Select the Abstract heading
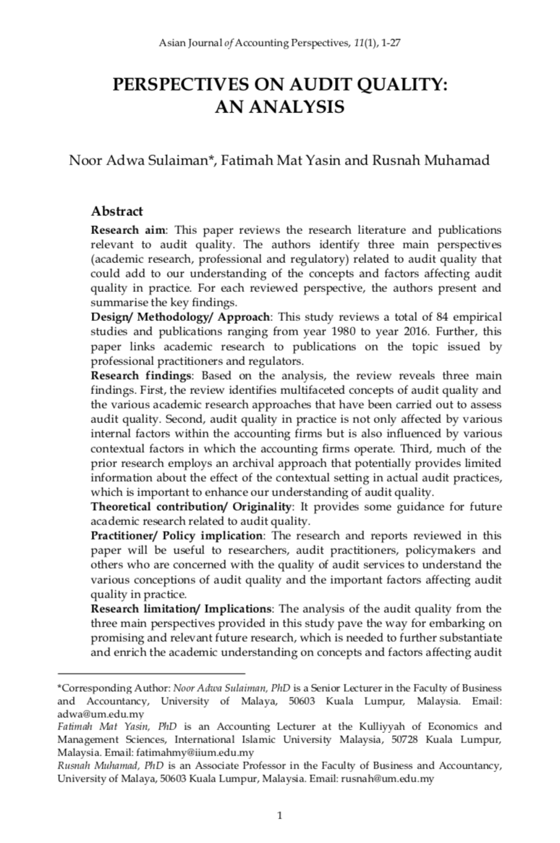point(116,211)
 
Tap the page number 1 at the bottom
point(279,815)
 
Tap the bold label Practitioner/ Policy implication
point(177,535)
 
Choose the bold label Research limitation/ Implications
point(179,608)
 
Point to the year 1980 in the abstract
point(305,332)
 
